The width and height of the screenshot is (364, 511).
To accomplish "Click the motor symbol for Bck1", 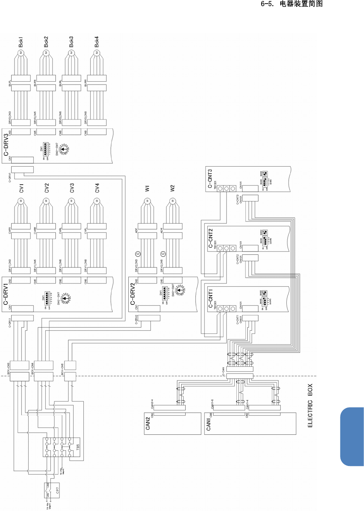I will tap(21, 53).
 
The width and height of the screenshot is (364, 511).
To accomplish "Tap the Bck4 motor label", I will tap(97, 42).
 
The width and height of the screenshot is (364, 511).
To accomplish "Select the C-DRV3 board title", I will tap(6, 145).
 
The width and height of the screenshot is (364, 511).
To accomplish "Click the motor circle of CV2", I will tap(46, 201).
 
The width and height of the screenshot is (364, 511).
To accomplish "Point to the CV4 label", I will tap(97, 188).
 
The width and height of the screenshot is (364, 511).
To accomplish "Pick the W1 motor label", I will tap(147, 189).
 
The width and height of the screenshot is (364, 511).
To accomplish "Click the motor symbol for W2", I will tap(173, 201).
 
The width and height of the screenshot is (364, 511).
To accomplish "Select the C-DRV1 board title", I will tap(6, 294).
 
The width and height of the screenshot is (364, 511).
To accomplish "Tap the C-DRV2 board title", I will tap(133, 294).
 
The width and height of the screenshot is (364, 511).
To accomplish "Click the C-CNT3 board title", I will tap(210, 178).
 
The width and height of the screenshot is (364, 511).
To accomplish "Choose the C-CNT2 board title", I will tap(210, 238).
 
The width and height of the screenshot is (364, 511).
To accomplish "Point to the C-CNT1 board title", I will tap(210, 298).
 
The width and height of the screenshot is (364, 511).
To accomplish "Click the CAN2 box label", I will tap(148, 423).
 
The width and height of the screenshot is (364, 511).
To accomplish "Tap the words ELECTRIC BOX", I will tap(310, 406).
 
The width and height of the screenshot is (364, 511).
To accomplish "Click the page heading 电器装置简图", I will tap(301, 4).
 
